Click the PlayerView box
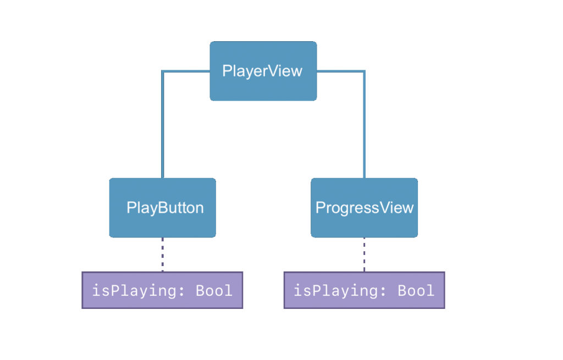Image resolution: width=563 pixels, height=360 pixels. tap(263, 71)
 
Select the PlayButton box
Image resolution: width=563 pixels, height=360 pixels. tap(162, 208)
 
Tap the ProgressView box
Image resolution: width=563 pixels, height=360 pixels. tap(364, 208)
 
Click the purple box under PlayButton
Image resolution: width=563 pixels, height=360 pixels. tap(162, 290)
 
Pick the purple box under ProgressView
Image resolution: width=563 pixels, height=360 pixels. tap(364, 290)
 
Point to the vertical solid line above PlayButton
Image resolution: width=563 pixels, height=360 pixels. tap(162, 126)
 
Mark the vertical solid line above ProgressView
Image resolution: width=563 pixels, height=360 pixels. tap(364, 126)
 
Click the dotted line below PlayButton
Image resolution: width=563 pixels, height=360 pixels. tap(162, 254)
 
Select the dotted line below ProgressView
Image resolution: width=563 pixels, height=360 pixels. tap(364, 254)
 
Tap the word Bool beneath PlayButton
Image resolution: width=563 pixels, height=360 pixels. tap(214, 290)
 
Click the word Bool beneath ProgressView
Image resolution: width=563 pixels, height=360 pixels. tap(416, 290)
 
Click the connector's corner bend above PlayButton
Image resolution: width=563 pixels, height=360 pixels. tap(163, 71)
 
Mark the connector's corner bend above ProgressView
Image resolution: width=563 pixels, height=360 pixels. tap(364, 71)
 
